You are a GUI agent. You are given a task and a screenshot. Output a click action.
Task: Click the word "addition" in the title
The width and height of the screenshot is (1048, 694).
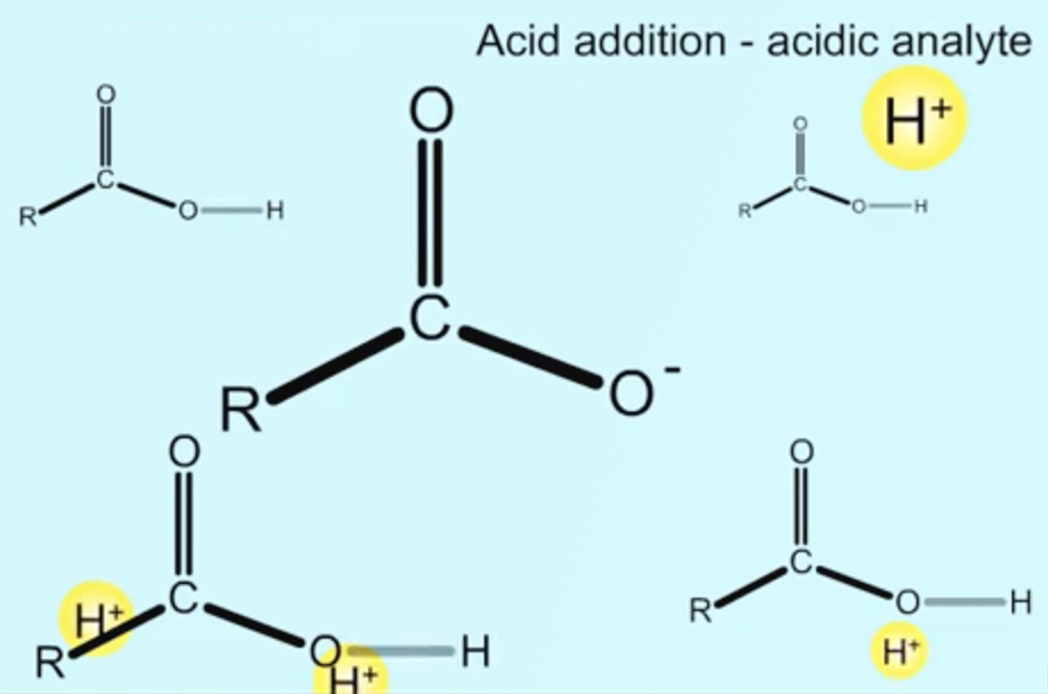point(649,41)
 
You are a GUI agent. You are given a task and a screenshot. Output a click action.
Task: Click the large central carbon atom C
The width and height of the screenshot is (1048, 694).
point(430,318)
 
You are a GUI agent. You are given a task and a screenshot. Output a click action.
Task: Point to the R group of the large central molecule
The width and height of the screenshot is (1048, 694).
point(241,410)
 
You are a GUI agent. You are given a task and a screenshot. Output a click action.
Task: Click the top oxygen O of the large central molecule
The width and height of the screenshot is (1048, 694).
point(431,111)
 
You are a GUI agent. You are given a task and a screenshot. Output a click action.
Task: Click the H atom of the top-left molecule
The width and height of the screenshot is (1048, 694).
point(274,211)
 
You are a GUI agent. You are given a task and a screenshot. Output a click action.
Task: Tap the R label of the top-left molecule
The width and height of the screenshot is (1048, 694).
point(28,216)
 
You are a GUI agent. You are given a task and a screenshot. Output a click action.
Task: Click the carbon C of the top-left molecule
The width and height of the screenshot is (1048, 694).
point(105,179)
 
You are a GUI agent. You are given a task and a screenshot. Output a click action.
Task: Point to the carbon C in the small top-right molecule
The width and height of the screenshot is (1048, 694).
point(799,185)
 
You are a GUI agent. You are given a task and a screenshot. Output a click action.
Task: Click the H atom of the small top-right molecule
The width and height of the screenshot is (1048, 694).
point(921,207)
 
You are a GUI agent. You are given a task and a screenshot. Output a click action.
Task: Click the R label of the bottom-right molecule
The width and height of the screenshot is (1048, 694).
point(701,611)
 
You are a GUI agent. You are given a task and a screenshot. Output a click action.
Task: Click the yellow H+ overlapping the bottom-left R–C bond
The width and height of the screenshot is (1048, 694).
point(95,619)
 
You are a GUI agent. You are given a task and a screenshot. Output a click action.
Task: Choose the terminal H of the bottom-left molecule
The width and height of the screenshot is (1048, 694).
point(476,652)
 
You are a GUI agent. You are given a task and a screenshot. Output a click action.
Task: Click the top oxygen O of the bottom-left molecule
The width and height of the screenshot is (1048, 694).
point(184,452)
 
